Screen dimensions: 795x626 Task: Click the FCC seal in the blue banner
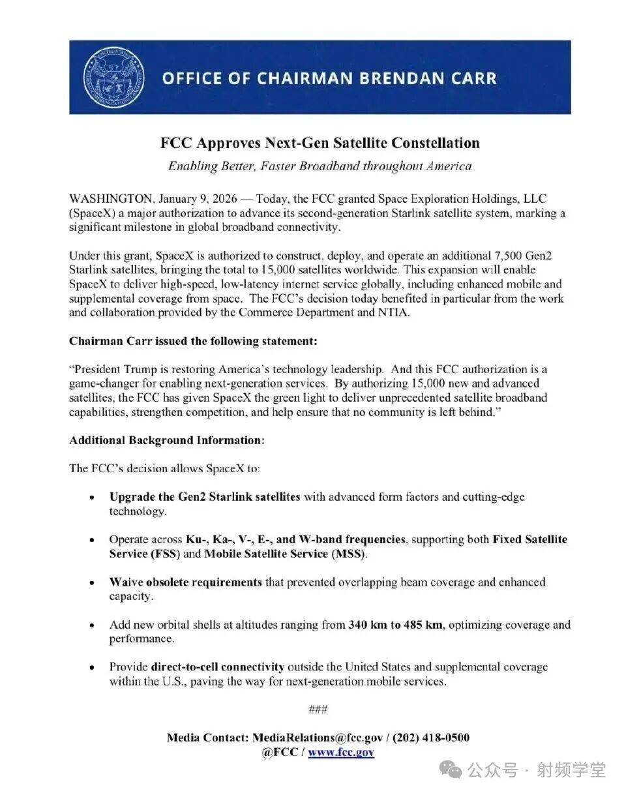click(x=108, y=78)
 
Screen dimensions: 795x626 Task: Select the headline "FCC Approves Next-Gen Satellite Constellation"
click(x=320, y=143)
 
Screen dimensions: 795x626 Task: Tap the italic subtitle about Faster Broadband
click(x=320, y=166)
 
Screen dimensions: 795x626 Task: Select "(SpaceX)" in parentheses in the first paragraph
click(x=92, y=213)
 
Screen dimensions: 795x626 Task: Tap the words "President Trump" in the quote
click(x=113, y=368)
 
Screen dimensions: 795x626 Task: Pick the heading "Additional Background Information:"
click(x=167, y=440)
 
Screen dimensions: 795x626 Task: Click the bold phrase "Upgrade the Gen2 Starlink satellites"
click(x=205, y=497)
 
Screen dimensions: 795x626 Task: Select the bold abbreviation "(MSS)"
click(x=350, y=554)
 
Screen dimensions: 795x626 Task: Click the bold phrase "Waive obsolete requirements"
click(x=186, y=582)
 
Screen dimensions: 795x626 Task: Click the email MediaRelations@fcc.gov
click(x=317, y=738)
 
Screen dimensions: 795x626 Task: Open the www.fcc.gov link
click(x=341, y=752)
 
